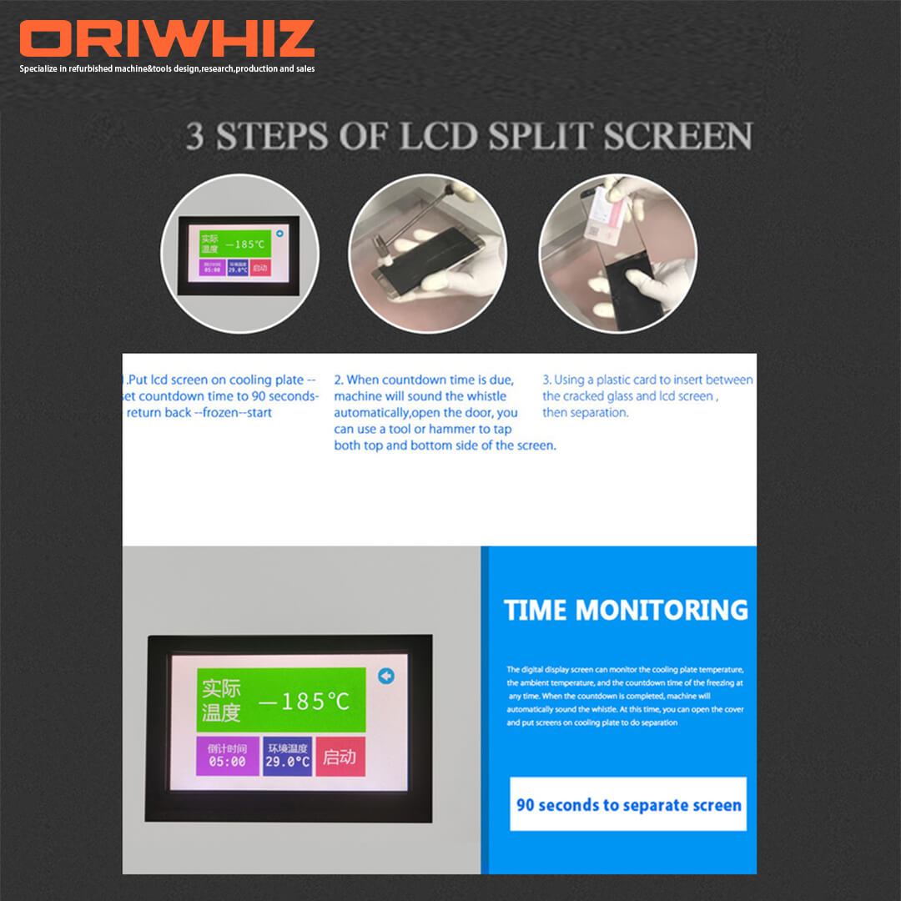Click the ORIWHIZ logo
coord(167,40)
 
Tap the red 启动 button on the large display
coord(340,757)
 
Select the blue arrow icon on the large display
coord(385,676)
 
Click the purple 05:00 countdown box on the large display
coord(227,756)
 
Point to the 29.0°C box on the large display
coord(288,756)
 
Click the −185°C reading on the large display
coord(304,701)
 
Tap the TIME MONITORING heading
coord(626,610)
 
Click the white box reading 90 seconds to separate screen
coord(628,804)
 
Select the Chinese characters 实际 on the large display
coord(221,688)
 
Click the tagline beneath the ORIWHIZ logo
coord(167,68)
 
